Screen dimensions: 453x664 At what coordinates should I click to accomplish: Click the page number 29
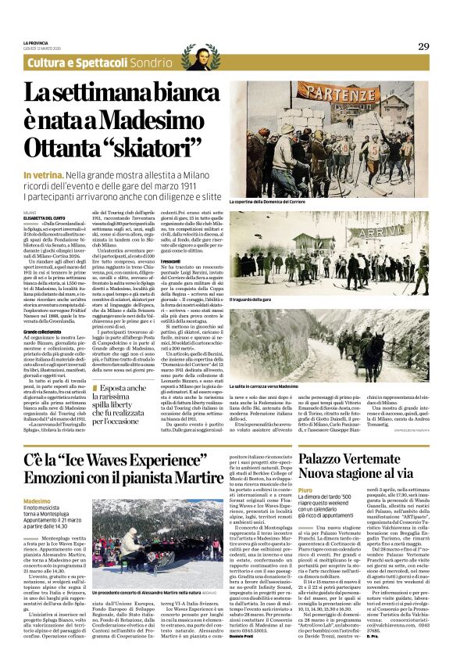(x=423, y=46)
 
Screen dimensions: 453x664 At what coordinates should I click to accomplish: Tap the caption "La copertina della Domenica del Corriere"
(x=273, y=202)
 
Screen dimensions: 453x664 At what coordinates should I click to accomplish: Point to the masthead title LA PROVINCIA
(x=39, y=43)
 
